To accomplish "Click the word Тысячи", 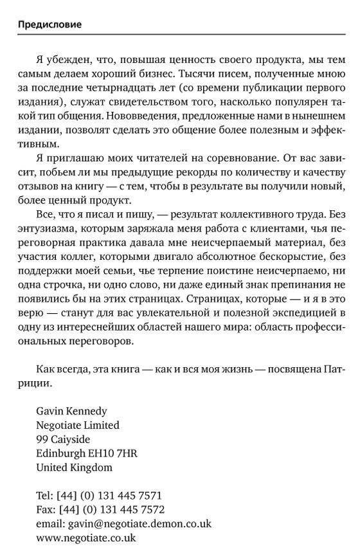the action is point(191,73).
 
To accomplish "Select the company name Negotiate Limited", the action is point(78,425).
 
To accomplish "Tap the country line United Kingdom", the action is point(74,467).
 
